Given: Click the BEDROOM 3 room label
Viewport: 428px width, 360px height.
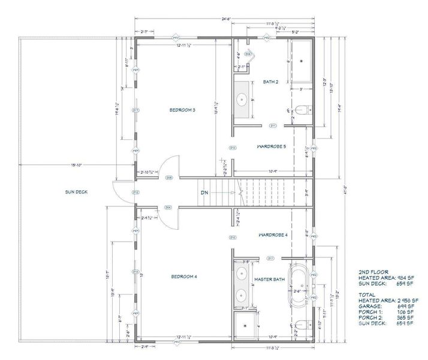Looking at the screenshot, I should [183, 110].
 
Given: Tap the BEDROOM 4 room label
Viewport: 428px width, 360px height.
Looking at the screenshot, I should [183, 276].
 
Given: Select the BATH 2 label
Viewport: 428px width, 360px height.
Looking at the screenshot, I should [270, 82].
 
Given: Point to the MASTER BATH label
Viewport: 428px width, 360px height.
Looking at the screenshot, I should [270, 279].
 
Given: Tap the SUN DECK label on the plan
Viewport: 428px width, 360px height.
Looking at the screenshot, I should [76, 192].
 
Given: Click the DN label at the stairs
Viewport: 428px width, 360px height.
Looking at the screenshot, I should [204, 193].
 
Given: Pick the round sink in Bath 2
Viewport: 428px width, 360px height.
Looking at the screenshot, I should [243, 100].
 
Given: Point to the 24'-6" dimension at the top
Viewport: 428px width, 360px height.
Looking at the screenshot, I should [224, 19].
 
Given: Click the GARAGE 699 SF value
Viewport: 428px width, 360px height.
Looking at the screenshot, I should [406, 306].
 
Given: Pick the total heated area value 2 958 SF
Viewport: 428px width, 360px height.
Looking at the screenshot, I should [406, 300].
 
